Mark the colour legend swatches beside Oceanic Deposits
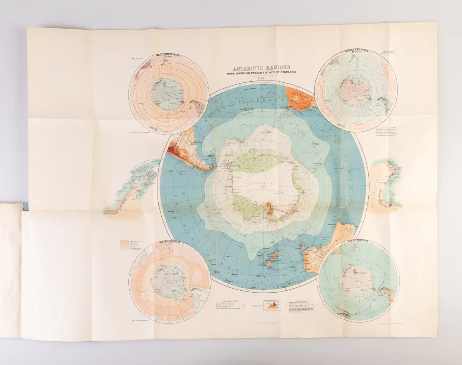124,245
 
